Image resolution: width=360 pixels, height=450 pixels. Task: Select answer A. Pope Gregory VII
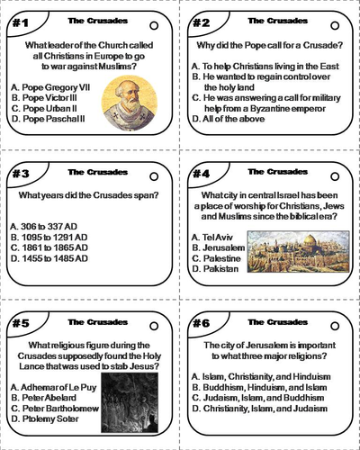coord(53,86)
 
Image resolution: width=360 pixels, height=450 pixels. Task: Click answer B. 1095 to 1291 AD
coord(49,237)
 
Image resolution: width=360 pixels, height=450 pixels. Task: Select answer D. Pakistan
coord(217,269)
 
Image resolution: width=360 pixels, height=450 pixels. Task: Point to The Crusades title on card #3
coord(90,170)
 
